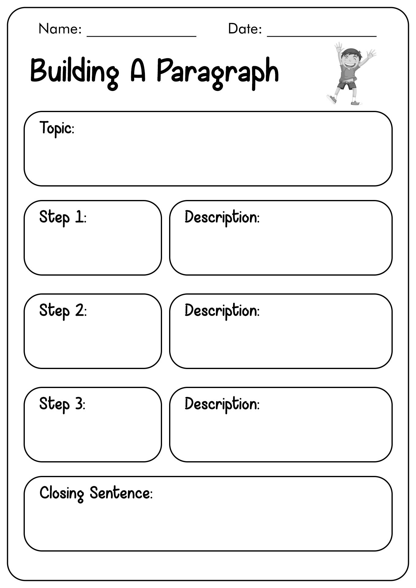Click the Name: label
click(60, 29)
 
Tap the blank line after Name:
click(142, 36)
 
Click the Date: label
click(245, 29)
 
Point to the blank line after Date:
click(322, 36)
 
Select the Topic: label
click(57, 128)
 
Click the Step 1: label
click(63, 218)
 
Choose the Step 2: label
click(63, 311)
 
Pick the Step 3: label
click(62, 405)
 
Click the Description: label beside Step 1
click(222, 218)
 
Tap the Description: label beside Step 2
click(222, 311)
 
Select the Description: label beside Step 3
click(222, 405)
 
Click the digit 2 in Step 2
click(79, 311)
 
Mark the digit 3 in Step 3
click(79, 404)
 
